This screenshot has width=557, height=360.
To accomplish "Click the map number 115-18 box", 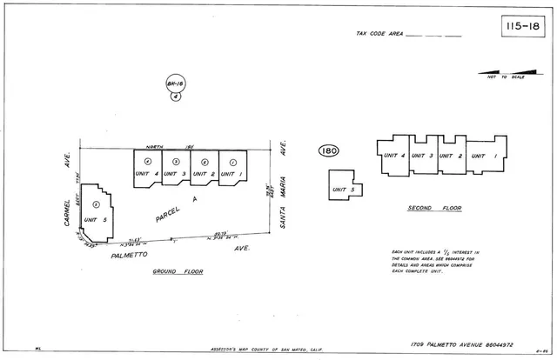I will [522, 27].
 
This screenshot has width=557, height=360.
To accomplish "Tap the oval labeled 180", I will [328, 151].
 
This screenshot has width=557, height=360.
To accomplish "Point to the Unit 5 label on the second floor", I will [345, 190].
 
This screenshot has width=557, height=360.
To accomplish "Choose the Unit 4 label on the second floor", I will [395, 156].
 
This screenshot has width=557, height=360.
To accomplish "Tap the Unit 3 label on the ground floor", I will [176, 174].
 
